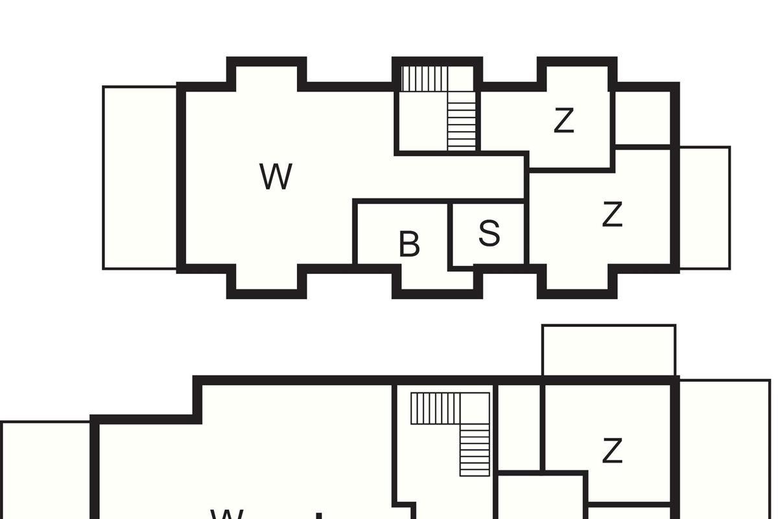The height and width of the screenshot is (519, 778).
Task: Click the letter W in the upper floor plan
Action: pyautogui.click(x=276, y=176)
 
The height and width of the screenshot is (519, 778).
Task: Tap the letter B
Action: pyautogui.click(x=409, y=245)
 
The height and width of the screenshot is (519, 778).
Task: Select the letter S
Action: pyautogui.click(x=489, y=234)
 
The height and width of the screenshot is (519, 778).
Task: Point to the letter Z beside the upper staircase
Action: pyautogui.click(x=564, y=121)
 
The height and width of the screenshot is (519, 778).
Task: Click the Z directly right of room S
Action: pyautogui.click(x=612, y=215)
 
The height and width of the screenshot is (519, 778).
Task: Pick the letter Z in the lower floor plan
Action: pyautogui.click(x=612, y=451)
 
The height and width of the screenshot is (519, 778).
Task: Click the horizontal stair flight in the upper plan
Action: pyautogui.click(x=424, y=79)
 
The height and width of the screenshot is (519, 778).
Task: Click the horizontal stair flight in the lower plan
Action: pyautogui.click(x=435, y=408)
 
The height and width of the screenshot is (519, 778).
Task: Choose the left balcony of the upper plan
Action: pyautogui.click(x=140, y=177)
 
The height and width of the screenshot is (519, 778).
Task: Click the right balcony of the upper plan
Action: pyautogui.click(x=704, y=208)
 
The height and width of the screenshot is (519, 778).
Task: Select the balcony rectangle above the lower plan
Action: pyautogui.click(x=608, y=350)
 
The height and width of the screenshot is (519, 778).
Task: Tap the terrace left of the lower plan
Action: pyautogui.click(x=45, y=470)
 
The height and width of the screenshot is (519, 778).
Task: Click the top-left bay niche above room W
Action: pyautogui.click(x=266, y=75)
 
